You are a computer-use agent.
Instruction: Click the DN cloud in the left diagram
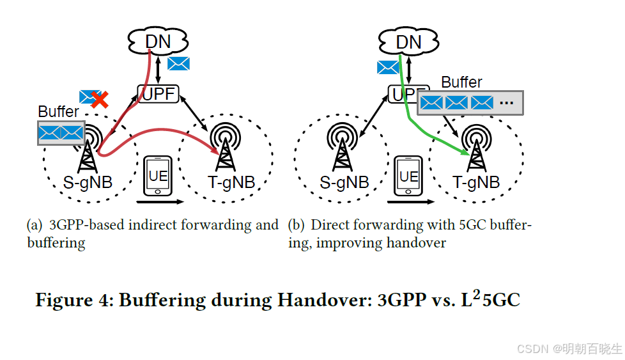pos(158,42)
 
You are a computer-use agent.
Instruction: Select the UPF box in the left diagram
pos(158,94)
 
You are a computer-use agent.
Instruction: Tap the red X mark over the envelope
pos(98,99)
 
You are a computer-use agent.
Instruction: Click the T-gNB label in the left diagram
pos(231,182)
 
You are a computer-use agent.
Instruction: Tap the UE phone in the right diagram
pos(408,176)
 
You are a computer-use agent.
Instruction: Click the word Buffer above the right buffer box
pos(461,82)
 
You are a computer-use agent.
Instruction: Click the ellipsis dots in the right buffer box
pos(507,102)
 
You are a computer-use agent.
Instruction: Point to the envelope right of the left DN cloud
pos(178,63)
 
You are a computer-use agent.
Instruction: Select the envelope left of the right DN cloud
pos(388,67)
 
